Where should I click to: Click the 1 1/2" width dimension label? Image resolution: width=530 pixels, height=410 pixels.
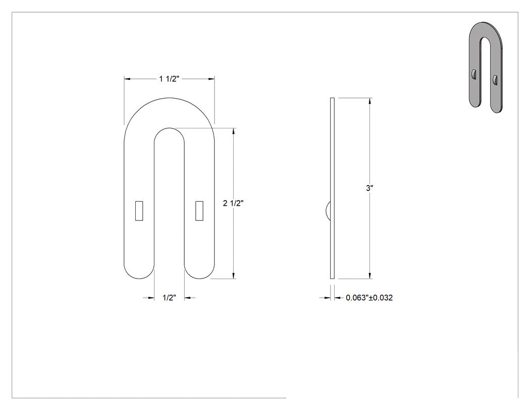point(169,79)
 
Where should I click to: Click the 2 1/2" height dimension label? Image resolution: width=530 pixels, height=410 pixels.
point(233,203)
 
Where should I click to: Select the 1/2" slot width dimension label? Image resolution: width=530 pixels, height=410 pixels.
point(169,298)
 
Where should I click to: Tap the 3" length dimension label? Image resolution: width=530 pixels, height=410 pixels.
point(369,188)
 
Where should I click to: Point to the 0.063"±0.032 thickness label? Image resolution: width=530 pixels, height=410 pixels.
point(369,298)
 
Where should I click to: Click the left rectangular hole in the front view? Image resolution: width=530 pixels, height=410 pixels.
point(139,211)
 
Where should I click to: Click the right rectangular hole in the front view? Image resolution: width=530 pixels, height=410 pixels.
point(199,211)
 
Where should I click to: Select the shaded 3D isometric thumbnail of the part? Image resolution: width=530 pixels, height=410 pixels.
point(486,67)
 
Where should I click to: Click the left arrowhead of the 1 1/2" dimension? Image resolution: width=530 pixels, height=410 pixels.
point(127,79)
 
